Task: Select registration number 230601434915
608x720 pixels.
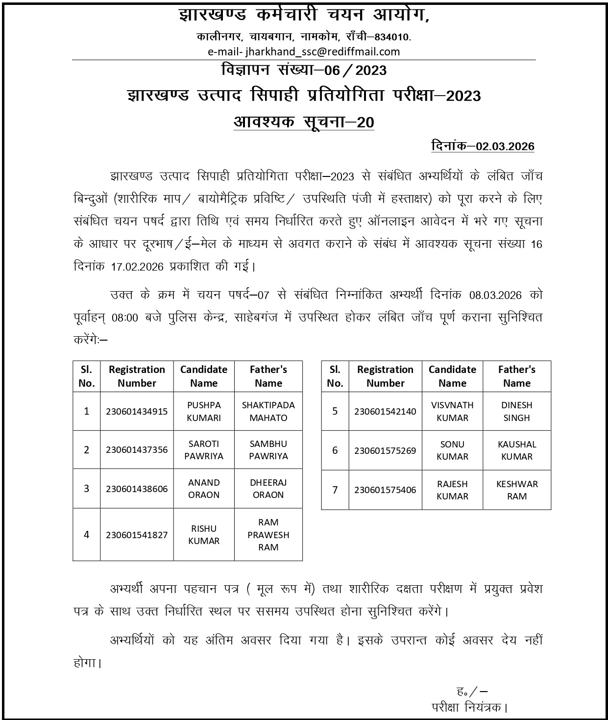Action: tap(137, 411)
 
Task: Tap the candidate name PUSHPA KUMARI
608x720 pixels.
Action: tap(204, 411)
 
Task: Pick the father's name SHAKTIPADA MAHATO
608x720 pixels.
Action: tap(268, 411)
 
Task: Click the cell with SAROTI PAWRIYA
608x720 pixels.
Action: tap(204, 450)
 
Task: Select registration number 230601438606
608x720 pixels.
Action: tap(137, 489)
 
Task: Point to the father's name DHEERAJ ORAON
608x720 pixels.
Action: tap(268, 489)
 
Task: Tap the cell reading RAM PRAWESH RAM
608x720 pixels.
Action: tap(268, 535)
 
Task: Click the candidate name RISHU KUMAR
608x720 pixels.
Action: tap(204, 535)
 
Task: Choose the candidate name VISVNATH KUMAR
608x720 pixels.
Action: tap(452, 411)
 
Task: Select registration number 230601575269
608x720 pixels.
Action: tap(385, 450)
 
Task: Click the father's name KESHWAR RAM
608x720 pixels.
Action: tap(517, 490)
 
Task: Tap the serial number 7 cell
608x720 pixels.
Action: tap(335, 490)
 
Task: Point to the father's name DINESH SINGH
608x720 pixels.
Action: tap(517, 411)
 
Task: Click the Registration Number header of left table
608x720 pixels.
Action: tap(137, 376)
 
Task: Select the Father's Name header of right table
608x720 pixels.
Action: tap(517, 376)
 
